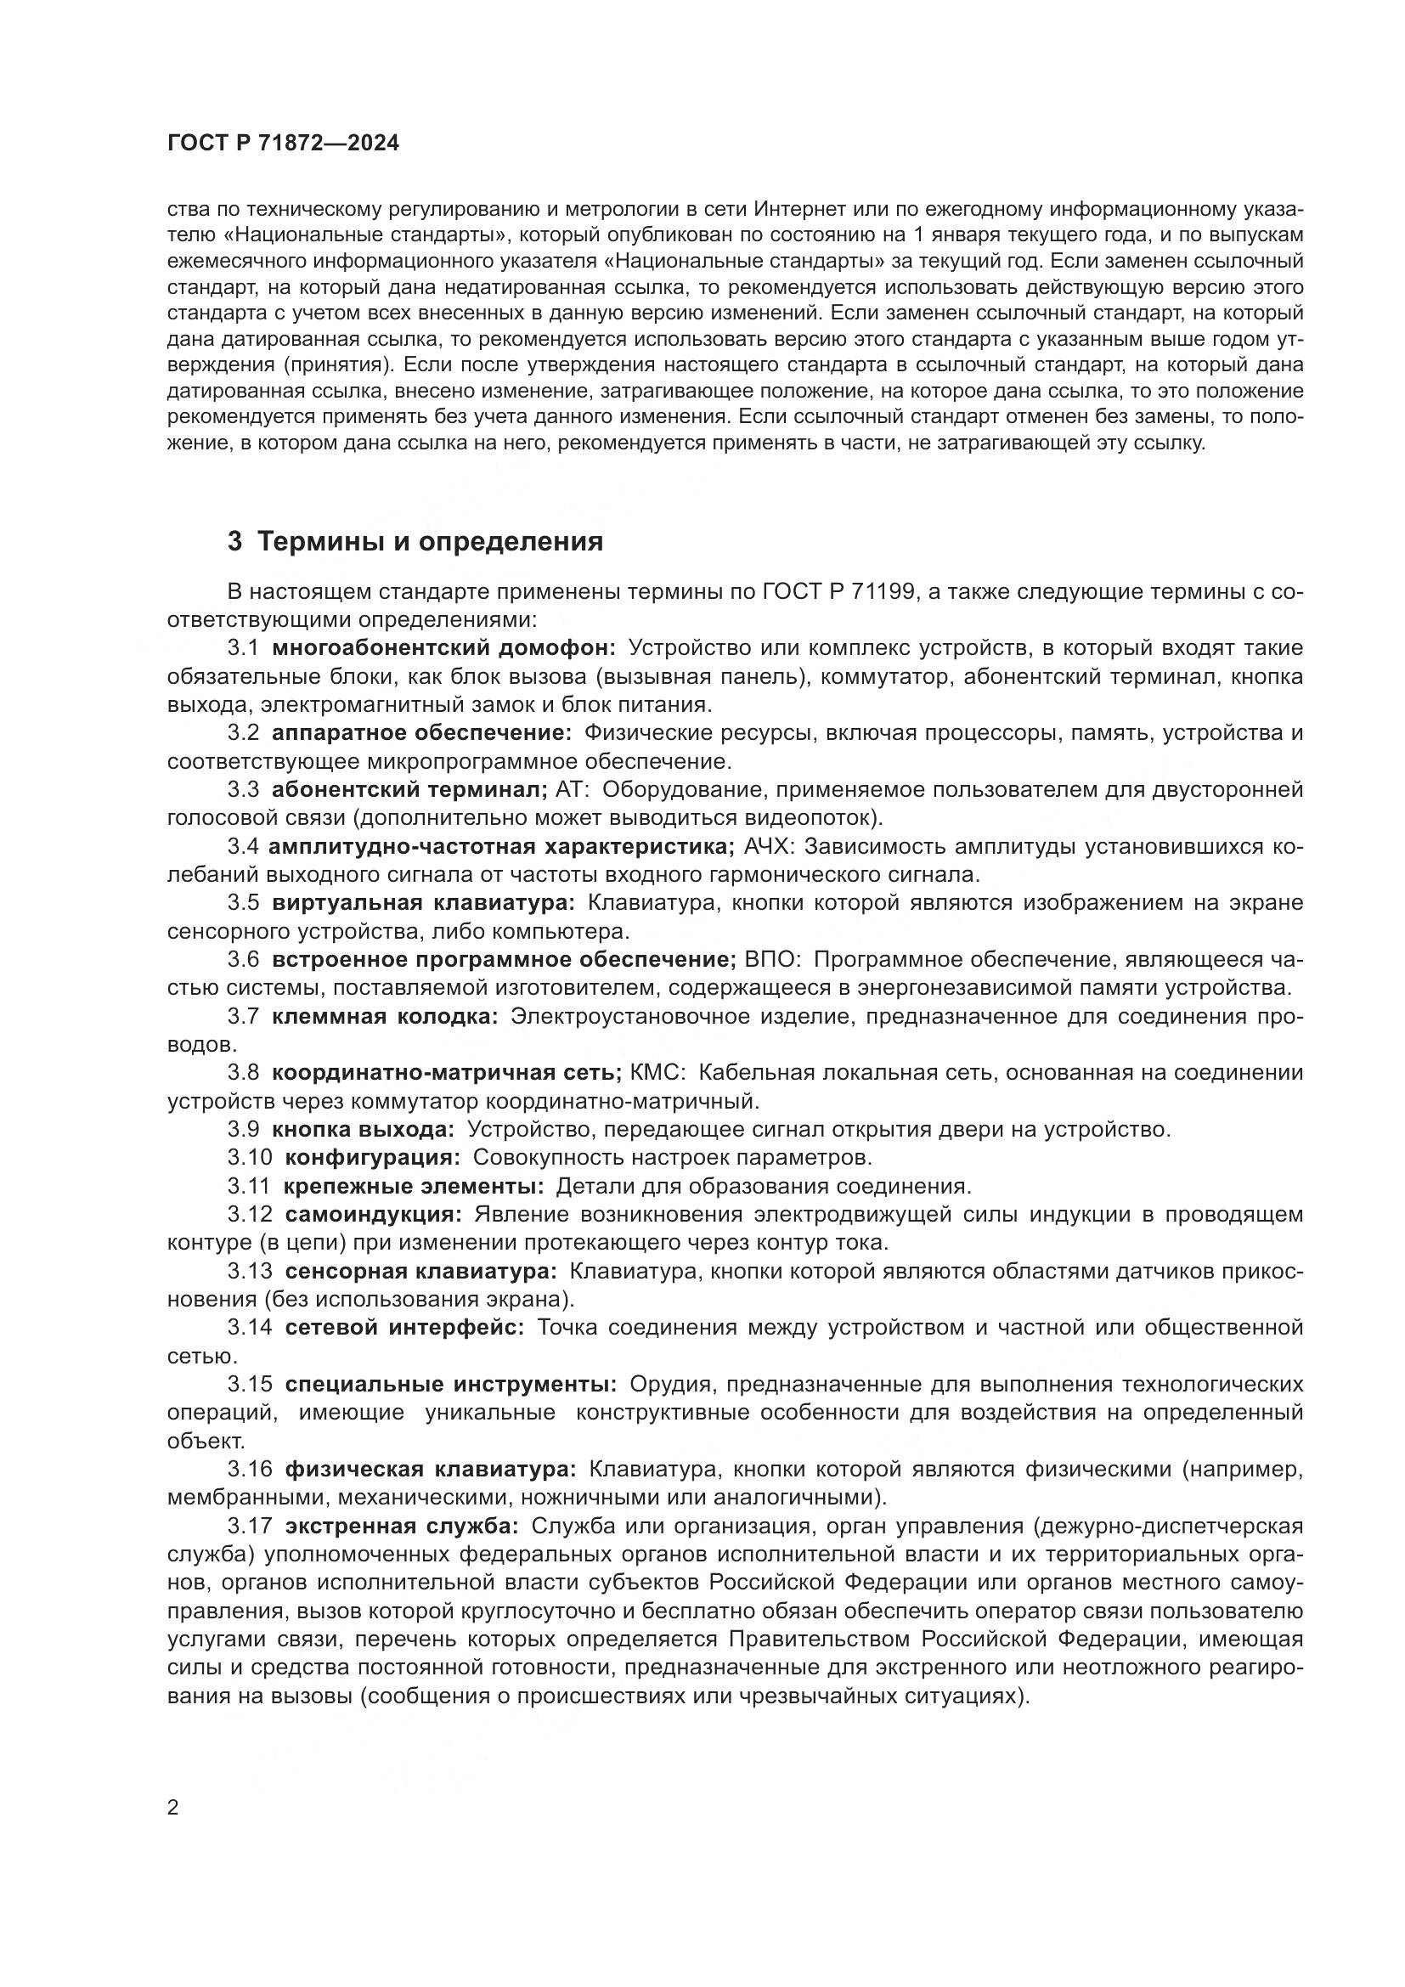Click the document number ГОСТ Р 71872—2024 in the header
(283, 144)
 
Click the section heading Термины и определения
(415, 543)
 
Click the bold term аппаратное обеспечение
(421, 733)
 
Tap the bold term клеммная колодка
(385, 1016)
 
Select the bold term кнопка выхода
(363, 1129)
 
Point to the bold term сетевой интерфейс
(404, 1328)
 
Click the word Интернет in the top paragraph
(796, 210)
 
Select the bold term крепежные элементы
(414, 1186)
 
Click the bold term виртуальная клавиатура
(423, 903)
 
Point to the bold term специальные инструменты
(451, 1384)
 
